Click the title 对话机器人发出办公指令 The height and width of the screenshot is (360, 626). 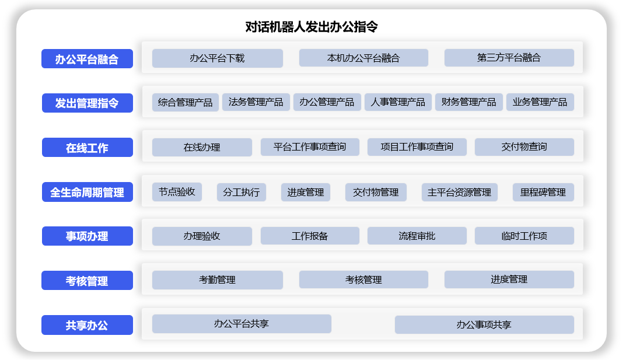coord(312,27)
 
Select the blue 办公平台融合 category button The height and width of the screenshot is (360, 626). coord(87,59)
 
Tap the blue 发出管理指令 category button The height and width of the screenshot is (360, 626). coord(88,103)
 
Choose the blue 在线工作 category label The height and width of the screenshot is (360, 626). coord(88,147)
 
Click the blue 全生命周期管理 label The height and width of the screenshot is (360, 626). coord(88,192)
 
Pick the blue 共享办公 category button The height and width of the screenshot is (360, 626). coord(87,325)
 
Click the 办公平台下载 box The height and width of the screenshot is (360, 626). coord(218,58)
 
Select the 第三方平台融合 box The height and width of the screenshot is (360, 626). coord(509,58)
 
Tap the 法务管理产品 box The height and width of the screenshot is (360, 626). coord(256,102)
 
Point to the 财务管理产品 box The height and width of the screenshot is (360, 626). coord(468,102)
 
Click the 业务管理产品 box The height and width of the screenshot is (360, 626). coord(540,102)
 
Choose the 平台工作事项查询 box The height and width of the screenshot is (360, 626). coord(310,147)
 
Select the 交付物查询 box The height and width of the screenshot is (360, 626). coord(524,147)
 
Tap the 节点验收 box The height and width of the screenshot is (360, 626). coord(177,192)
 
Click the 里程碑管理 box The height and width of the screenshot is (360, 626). coord(543,192)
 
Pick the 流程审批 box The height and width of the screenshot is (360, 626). coord(417,236)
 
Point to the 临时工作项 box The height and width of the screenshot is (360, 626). coord(524,236)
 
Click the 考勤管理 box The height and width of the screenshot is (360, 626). coord(218,280)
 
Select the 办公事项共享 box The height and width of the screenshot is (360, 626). coord(484,325)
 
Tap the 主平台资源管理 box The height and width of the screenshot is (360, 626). coord(460,192)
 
